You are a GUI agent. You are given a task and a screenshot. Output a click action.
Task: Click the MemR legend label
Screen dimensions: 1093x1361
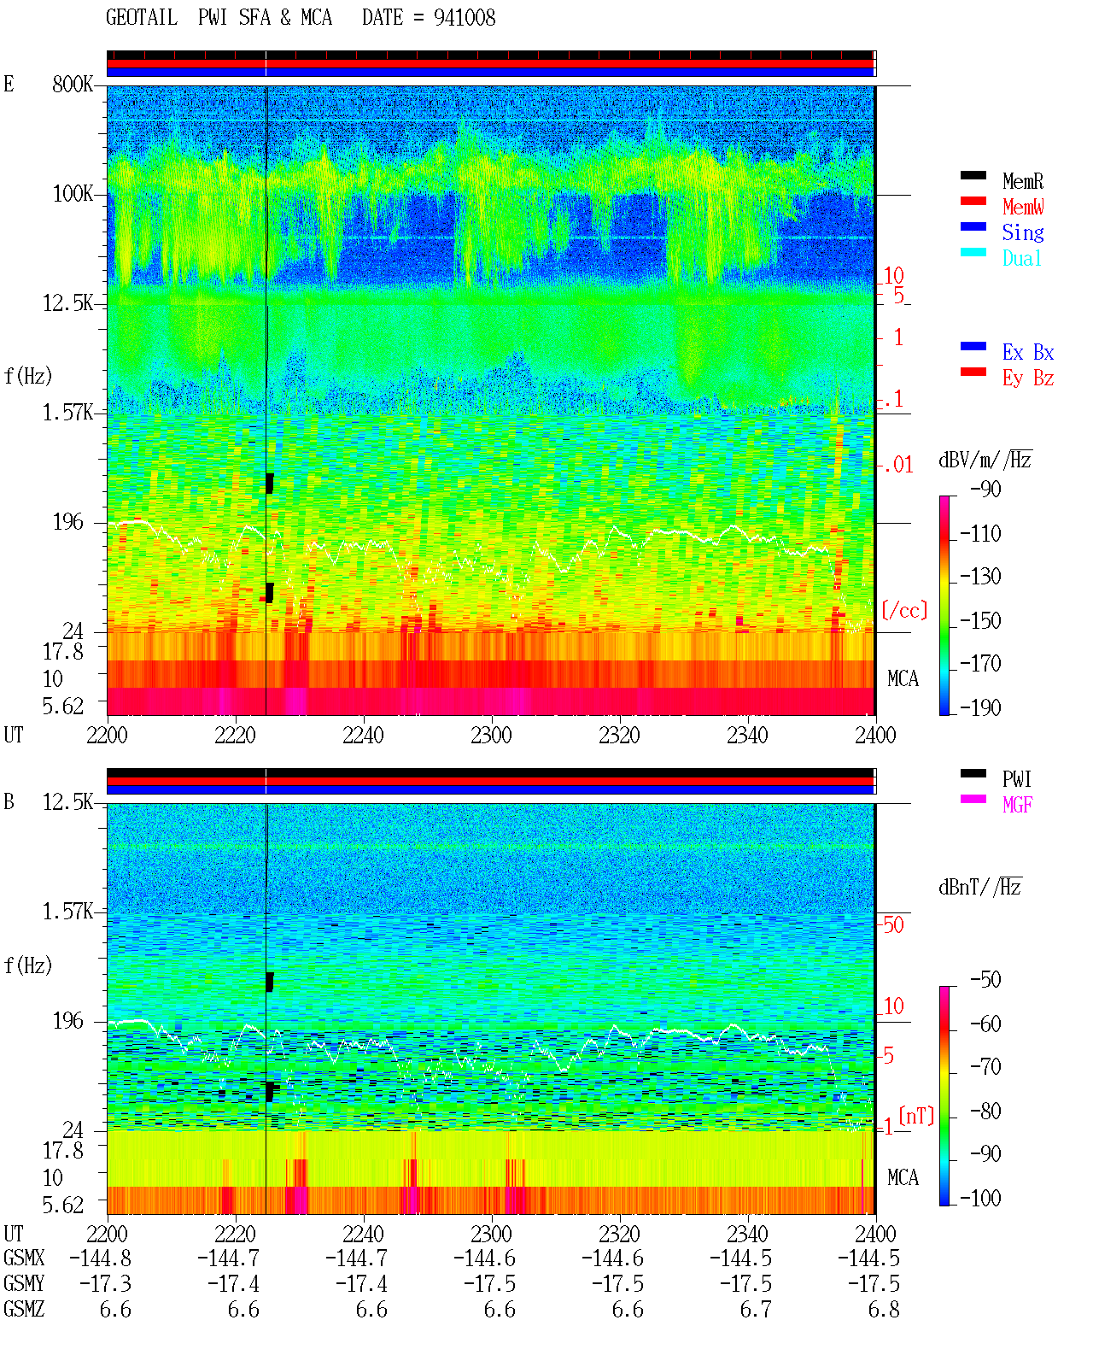click(x=1022, y=181)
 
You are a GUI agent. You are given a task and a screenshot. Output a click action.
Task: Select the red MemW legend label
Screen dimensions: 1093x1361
click(x=1022, y=207)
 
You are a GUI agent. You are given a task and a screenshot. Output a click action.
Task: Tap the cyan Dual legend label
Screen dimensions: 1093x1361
click(x=1021, y=258)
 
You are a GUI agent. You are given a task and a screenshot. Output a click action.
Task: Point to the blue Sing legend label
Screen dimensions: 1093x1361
click(x=1022, y=232)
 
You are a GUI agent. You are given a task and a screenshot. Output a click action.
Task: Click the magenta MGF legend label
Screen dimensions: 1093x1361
click(x=1017, y=805)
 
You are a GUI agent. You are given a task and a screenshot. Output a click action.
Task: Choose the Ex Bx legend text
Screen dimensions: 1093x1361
click(x=1027, y=352)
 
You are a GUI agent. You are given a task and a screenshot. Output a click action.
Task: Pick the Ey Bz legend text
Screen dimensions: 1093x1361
click(x=1027, y=378)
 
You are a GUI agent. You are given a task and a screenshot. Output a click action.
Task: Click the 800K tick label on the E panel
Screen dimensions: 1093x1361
click(x=72, y=84)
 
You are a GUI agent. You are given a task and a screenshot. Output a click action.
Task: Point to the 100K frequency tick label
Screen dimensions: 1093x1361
click(x=72, y=194)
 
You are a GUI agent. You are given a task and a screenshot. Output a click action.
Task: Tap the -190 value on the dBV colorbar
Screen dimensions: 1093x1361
click(x=980, y=707)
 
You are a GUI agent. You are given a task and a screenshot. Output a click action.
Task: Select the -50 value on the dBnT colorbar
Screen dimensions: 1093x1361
click(x=985, y=980)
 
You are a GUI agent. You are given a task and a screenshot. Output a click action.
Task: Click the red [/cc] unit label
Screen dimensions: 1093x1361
click(x=904, y=610)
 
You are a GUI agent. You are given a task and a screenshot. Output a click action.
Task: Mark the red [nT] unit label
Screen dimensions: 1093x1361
click(x=916, y=1116)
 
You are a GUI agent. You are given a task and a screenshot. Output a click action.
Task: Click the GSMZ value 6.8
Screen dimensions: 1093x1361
click(x=883, y=1309)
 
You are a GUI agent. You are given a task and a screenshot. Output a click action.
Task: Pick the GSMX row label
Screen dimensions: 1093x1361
click(x=24, y=1258)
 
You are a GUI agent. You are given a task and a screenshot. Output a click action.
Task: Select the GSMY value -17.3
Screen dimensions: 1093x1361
click(x=105, y=1284)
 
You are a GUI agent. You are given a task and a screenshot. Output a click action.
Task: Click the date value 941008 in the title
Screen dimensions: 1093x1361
click(x=465, y=18)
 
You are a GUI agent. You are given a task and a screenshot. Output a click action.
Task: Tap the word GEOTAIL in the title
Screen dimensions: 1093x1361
click(x=142, y=18)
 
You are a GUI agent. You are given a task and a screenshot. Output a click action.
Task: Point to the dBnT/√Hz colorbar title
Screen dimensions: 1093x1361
click(x=980, y=888)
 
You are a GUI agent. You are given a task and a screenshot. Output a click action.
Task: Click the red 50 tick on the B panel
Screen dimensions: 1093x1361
click(x=893, y=925)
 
